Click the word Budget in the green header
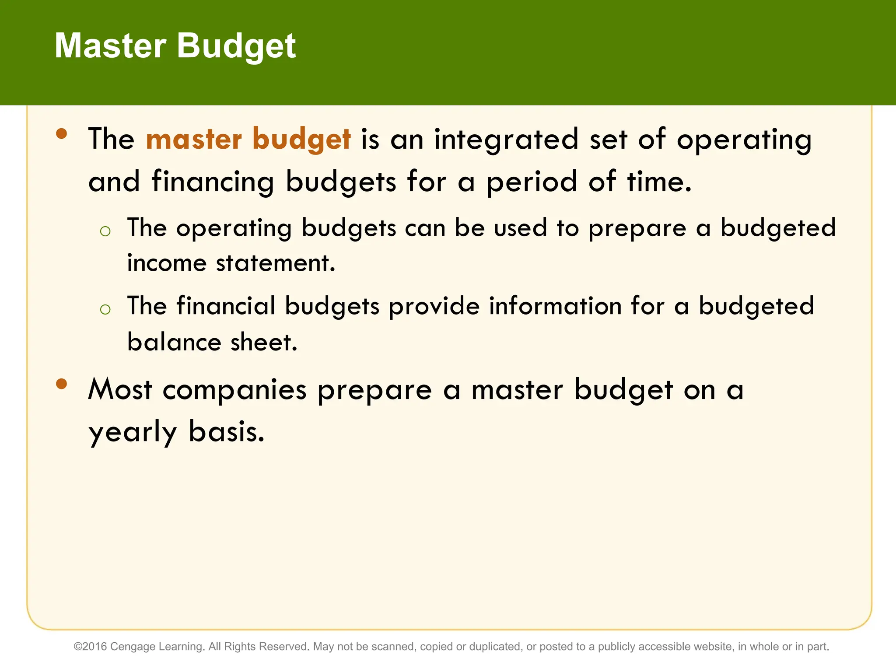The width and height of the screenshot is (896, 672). pos(236,46)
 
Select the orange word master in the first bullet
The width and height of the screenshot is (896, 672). pos(193,139)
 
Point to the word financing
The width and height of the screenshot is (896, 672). pos(213,182)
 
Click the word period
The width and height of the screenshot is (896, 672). pos(532,182)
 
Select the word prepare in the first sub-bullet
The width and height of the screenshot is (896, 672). pos(637,228)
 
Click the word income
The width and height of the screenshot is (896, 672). pos(166,263)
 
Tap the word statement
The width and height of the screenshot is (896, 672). pos(276,263)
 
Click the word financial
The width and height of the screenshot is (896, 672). pos(226,306)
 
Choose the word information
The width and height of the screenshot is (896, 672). pos(555,306)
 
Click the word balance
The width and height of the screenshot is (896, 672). pos(174,342)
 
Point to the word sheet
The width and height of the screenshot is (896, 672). pos(264,342)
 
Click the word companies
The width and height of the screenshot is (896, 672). pos(234,390)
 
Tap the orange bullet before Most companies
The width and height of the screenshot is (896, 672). pos(62,384)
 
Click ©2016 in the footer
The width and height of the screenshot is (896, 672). pos(91,647)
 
